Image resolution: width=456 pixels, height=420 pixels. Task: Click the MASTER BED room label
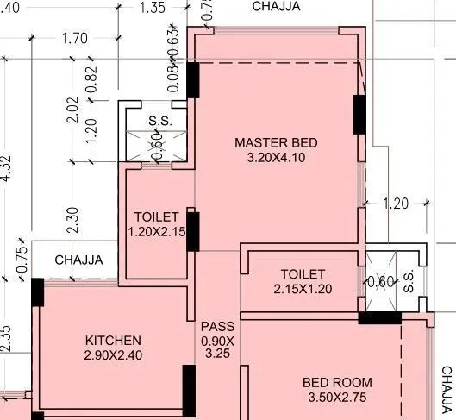(x=277, y=142)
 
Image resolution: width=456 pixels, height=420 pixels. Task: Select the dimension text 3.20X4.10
(x=277, y=158)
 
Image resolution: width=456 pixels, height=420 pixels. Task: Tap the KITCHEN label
(x=112, y=341)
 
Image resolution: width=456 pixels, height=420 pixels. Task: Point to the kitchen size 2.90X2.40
(x=112, y=355)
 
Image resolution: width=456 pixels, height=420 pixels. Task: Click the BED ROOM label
(x=337, y=382)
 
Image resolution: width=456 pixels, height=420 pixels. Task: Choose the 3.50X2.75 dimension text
(x=337, y=398)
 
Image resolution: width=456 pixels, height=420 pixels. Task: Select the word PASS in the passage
(x=216, y=327)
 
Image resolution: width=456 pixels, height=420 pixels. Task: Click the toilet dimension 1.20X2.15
(x=157, y=232)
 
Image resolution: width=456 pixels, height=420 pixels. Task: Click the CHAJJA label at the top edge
(x=277, y=6)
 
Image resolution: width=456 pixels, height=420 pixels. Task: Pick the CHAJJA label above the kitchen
(x=78, y=260)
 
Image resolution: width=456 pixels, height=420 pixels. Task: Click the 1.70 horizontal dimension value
(x=75, y=38)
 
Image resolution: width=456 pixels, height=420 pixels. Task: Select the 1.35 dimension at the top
(x=152, y=9)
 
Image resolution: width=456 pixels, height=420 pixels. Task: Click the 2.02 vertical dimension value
(x=73, y=110)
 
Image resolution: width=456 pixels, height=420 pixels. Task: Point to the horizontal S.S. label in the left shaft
(x=159, y=121)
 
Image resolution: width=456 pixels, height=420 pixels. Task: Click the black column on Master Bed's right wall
(x=359, y=113)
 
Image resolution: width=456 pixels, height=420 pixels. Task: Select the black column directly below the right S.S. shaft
(x=379, y=318)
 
